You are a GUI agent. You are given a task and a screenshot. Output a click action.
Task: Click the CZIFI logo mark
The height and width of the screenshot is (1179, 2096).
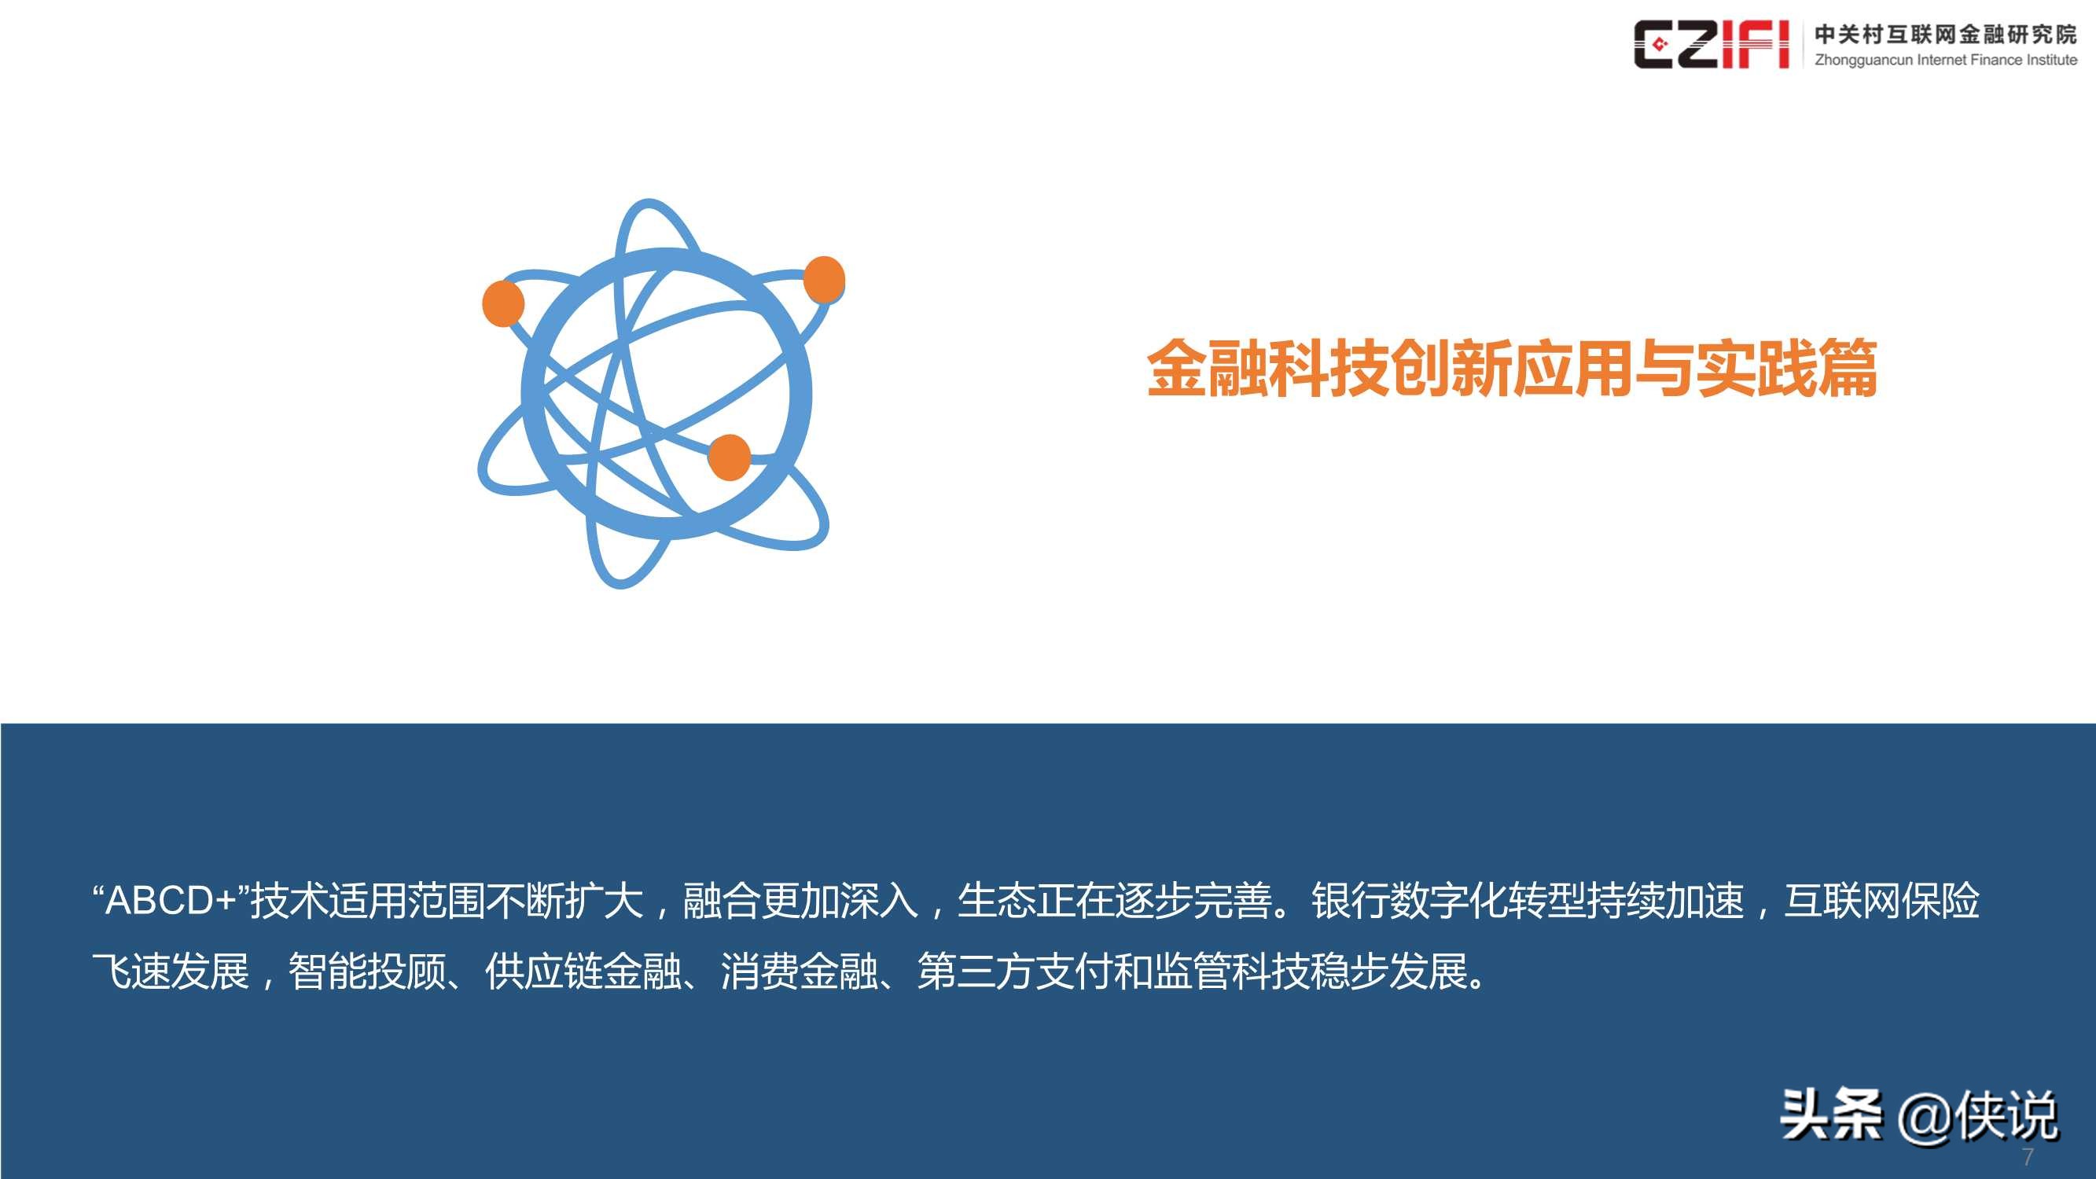1710,44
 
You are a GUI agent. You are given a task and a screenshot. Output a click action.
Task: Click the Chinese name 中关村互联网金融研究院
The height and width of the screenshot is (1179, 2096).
1945,33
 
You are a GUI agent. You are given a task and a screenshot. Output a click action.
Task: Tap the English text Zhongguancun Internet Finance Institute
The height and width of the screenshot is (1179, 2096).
1945,61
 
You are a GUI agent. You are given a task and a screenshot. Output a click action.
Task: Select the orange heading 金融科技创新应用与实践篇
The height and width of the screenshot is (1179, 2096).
1512,369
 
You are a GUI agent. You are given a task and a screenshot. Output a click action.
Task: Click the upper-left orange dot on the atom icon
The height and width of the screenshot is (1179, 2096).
503,303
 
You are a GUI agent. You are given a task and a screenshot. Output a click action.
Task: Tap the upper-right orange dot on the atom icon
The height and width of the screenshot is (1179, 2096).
823,279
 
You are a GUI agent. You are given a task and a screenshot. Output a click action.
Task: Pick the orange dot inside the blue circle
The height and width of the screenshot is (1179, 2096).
729,457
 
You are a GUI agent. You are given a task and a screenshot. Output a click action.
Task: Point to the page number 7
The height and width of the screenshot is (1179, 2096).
2027,1156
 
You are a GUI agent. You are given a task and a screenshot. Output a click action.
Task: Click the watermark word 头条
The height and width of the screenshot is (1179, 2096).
1831,1114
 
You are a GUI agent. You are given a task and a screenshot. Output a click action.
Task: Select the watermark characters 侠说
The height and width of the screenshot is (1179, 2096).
2008,1115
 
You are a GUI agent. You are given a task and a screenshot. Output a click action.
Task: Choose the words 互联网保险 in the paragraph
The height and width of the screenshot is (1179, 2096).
1882,901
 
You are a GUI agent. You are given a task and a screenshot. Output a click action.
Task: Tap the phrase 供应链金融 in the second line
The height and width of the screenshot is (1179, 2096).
583,971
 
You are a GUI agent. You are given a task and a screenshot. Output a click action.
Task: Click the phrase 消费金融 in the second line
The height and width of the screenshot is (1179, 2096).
799,971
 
